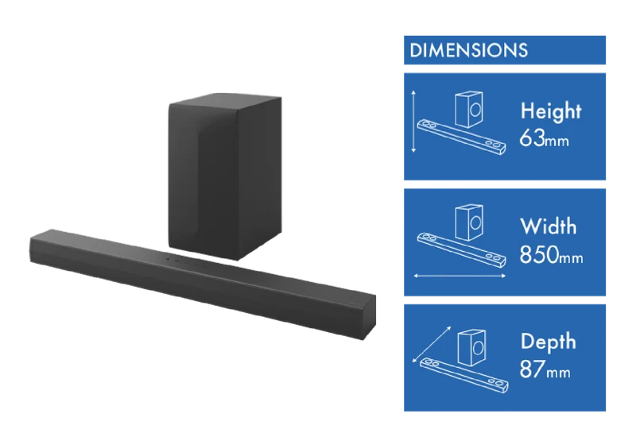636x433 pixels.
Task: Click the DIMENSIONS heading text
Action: coord(468,50)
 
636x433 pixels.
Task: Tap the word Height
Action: coord(551,111)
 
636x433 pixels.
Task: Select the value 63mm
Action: coord(544,138)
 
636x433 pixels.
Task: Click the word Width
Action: coord(548,226)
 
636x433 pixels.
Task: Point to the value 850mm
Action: coord(551,254)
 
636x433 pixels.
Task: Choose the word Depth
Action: coord(548,342)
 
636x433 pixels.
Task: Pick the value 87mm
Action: coord(545,369)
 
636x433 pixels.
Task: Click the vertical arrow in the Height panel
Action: coord(413,122)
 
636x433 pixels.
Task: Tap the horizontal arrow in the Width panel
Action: coord(460,276)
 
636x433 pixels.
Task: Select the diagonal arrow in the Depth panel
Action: coord(432,344)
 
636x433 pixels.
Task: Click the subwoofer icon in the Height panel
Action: coord(469,109)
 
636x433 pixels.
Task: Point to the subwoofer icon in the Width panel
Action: coord(469,222)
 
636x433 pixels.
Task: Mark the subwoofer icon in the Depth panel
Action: coord(471,348)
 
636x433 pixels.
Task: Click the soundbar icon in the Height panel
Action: coord(462,137)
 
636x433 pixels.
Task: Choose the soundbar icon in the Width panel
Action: coord(462,250)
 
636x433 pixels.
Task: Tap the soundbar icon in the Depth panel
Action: coord(464,376)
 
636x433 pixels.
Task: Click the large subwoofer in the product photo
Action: coord(225,176)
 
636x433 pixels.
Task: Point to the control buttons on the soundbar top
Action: coord(186,261)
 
